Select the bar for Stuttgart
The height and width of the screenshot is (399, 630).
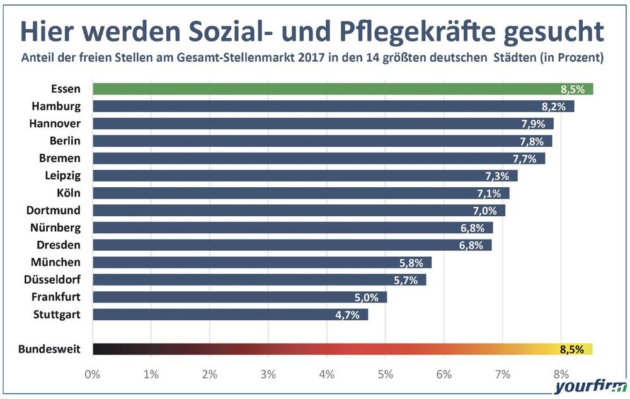pyautogui.click(x=230, y=314)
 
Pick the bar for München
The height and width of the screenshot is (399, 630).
pyautogui.click(x=261, y=262)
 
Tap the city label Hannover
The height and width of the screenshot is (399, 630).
pyautogui.click(x=55, y=123)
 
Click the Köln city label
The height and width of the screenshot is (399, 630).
pyautogui.click(x=69, y=192)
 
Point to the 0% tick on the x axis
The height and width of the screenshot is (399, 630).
pyautogui.click(x=93, y=374)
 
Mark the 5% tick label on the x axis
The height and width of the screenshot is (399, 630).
pyautogui.click(x=386, y=374)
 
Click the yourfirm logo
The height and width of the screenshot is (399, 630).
pyautogui.click(x=590, y=388)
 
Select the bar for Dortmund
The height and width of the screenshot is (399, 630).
pyautogui.click(x=299, y=210)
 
